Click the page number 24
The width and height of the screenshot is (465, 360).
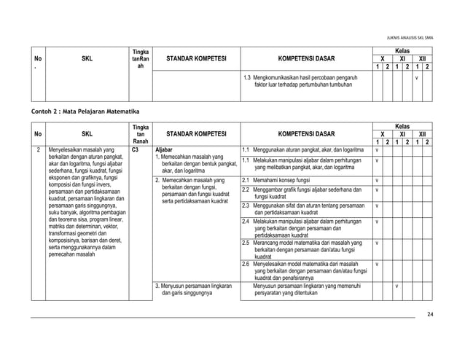tap(430, 334)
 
